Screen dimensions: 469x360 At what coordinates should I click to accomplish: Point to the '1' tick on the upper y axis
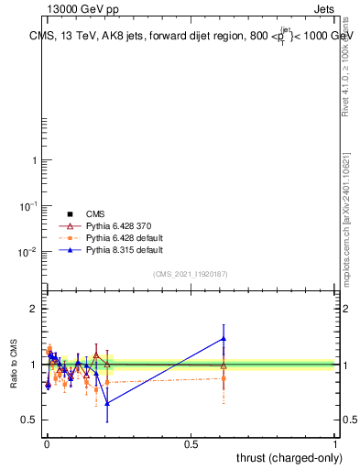pyautogui.click(x=33, y=160)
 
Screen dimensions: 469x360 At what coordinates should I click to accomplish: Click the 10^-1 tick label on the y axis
pyautogui.click(x=29, y=206)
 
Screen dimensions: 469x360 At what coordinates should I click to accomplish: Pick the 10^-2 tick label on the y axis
pyautogui.click(x=29, y=252)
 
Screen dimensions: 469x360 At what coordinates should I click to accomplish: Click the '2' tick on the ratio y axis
pyautogui.click(x=33, y=310)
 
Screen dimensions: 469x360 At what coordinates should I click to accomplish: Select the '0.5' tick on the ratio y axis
pyautogui.click(x=29, y=420)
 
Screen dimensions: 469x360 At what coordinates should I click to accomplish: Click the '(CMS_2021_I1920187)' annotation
pyautogui.click(x=191, y=274)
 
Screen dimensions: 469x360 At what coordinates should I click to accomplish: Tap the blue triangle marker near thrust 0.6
pyautogui.click(x=224, y=338)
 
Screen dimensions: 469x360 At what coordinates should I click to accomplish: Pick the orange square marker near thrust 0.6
pyautogui.click(x=224, y=377)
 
